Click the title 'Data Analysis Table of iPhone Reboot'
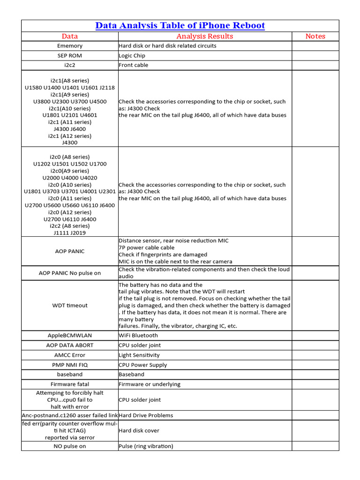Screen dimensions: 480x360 coord(180,25)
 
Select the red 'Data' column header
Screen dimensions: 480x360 coord(70,36)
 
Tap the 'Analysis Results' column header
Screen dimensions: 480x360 coord(204,36)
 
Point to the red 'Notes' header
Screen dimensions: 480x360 coord(315,36)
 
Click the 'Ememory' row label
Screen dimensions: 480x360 coord(70,46)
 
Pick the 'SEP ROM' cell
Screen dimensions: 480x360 coord(70,55)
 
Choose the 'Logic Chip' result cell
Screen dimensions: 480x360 coord(132,55)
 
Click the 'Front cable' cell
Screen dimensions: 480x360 coord(134,65)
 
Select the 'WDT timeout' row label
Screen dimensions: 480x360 coord(70,305)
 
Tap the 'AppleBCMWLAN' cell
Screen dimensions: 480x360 coord(70,336)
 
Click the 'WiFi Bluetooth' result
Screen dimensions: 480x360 coord(138,336)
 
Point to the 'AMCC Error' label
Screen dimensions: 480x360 coord(70,355)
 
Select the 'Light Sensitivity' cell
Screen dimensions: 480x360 coord(139,355)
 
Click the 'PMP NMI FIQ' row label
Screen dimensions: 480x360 coord(70,365)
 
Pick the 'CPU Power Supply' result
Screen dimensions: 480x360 coord(142,365)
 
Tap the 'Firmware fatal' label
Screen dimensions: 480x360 coord(70,384)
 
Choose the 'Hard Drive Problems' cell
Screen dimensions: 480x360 coord(146,415)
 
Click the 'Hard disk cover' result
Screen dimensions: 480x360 coord(139,430)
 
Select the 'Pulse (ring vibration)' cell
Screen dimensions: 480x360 coord(146,446)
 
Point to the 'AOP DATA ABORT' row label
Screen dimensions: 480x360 coord(70,345)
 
